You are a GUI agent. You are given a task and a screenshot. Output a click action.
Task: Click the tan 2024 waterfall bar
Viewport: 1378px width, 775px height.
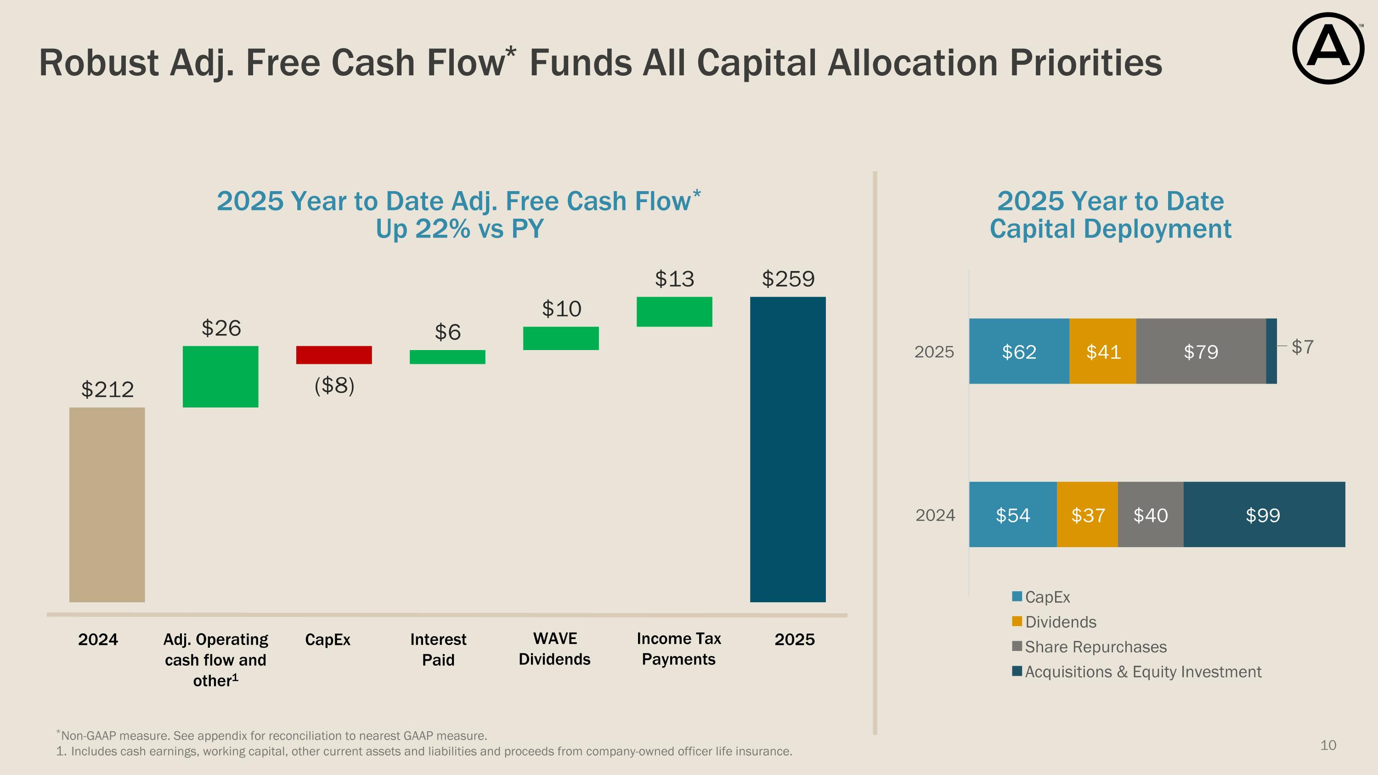pyautogui.click(x=107, y=504)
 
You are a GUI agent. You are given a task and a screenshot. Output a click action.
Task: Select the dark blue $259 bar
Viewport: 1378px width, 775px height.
pyautogui.click(x=787, y=449)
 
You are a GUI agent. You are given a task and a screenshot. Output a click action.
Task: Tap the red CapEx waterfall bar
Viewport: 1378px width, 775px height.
pyautogui.click(x=334, y=355)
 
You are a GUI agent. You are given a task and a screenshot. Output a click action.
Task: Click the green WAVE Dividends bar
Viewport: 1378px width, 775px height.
pyautogui.click(x=560, y=338)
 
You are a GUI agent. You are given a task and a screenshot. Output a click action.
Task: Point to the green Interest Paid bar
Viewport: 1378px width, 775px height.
pyautogui.click(x=447, y=357)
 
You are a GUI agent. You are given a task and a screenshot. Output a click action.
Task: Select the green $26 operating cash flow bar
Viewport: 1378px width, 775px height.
pyautogui.click(x=220, y=377)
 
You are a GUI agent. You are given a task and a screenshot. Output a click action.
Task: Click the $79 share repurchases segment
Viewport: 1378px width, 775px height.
pyautogui.click(x=1201, y=351)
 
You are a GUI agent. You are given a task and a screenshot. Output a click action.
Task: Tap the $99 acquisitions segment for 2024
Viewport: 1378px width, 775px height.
pyautogui.click(x=1264, y=515)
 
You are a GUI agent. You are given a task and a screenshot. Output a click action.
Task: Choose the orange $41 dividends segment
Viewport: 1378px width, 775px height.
pyautogui.click(x=1102, y=351)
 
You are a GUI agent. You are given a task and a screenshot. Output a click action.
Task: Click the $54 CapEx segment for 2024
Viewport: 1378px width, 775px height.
pyautogui.click(x=1013, y=515)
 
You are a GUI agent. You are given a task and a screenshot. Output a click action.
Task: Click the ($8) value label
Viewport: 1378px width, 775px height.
pyautogui.click(x=334, y=385)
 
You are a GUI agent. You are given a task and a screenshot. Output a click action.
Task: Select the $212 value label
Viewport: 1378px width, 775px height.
pyautogui.click(x=107, y=390)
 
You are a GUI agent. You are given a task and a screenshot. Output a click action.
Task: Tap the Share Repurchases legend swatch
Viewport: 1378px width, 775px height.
pyautogui.click(x=1017, y=646)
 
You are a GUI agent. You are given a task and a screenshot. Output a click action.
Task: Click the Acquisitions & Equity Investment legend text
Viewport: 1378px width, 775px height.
pyautogui.click(x=1143, y=672)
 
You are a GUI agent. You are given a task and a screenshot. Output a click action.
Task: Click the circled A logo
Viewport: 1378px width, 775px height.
pyautogui.click(x=1328, y=48)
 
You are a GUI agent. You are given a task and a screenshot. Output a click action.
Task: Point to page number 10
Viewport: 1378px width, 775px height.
pyautogui.click(x=1328, y=745)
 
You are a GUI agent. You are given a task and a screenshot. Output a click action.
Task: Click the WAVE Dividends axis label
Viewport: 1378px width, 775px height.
pyautogui.click(x=555, y=649)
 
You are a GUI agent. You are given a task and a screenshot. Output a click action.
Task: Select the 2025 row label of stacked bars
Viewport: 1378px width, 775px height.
pyautogui.click(x=934, y=352)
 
